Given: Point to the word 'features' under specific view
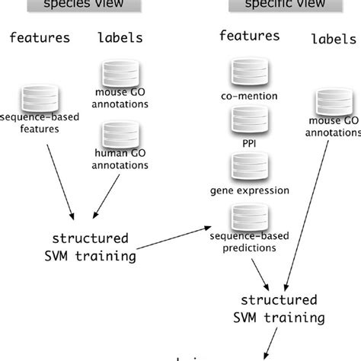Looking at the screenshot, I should [x=247, y=35].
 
